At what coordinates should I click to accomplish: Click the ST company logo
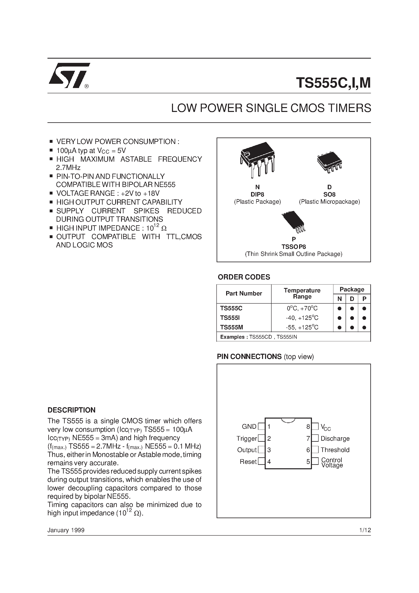tap(69, 75)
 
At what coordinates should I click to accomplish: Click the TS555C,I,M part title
tap(333, 83)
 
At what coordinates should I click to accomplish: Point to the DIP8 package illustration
tap(258, 159)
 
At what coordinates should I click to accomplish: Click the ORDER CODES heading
tap(244, 277)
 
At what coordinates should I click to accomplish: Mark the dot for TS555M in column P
tap(364, 328)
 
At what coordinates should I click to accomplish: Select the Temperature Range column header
tap(302, 293)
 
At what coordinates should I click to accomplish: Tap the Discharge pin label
tap(335, 438)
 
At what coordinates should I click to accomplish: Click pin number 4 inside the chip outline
tap(269, 462)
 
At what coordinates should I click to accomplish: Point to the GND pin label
tap(249, 427)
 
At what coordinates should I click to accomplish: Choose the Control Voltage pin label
tap(332, 463)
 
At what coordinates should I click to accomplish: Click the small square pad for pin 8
tap(315, 426)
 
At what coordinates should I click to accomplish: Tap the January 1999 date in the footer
tap(66, 530)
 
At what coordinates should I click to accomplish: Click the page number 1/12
tap(365, 530)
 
